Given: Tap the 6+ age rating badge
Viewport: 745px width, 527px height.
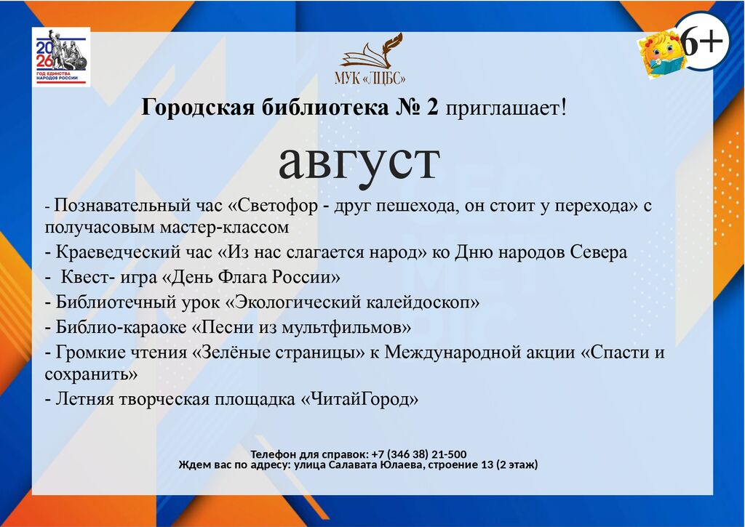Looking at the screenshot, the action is point(701,41).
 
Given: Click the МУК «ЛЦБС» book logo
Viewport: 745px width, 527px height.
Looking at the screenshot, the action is point(370,59).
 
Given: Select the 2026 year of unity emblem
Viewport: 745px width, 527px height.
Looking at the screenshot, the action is point(61,57).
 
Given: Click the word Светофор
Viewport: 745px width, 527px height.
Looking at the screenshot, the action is point(277,206).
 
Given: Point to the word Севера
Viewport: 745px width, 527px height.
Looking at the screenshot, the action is point(598,252).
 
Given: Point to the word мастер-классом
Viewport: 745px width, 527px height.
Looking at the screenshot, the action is point(224,228).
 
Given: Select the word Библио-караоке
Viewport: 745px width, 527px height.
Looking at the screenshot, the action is point(121,327).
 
